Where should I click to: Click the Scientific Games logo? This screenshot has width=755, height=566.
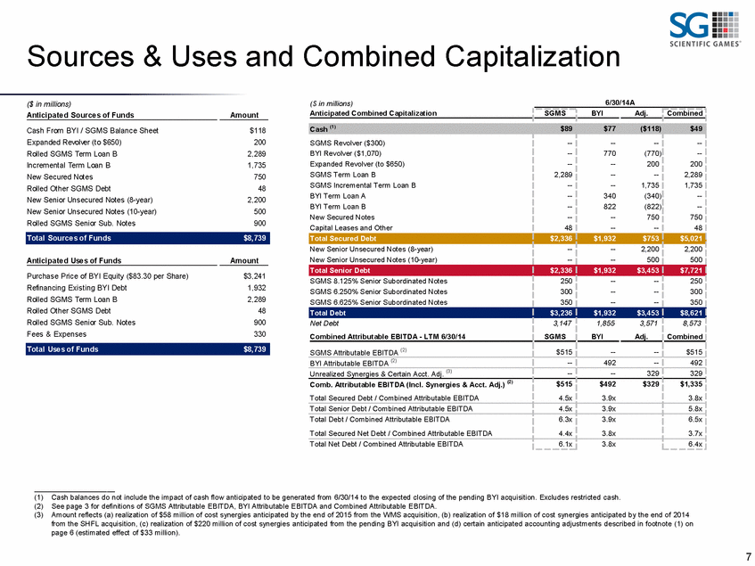[704, 29]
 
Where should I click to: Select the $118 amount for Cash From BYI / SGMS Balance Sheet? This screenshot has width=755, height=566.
[258, 130]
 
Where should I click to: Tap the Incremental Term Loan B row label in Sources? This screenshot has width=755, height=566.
[69, 165]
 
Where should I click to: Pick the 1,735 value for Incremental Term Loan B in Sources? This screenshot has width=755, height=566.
[256, 165]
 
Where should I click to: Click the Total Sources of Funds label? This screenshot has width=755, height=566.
[69, 238]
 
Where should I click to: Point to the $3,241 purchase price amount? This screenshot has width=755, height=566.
[255, 276]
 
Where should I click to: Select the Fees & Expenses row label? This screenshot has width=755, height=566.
[56, 334]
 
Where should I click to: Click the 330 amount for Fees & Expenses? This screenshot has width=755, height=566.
[259, 334]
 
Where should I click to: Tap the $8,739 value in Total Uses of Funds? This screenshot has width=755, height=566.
[255, 349]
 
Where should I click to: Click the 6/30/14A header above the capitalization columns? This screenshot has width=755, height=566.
[620, 103]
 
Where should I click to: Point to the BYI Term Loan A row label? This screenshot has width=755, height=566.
[338, 196]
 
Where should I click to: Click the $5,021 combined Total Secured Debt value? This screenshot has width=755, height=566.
[691, 238]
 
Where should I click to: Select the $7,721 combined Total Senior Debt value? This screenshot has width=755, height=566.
[691, 270]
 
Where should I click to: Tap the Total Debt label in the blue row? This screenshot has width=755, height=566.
[327, 313]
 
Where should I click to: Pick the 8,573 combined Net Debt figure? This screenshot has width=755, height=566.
[692, 324]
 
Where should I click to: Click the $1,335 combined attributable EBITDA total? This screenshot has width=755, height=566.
[691, 384]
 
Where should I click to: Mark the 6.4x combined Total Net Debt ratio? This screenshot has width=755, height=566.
[695, 444]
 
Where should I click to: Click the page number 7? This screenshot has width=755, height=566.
[748, 556]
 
